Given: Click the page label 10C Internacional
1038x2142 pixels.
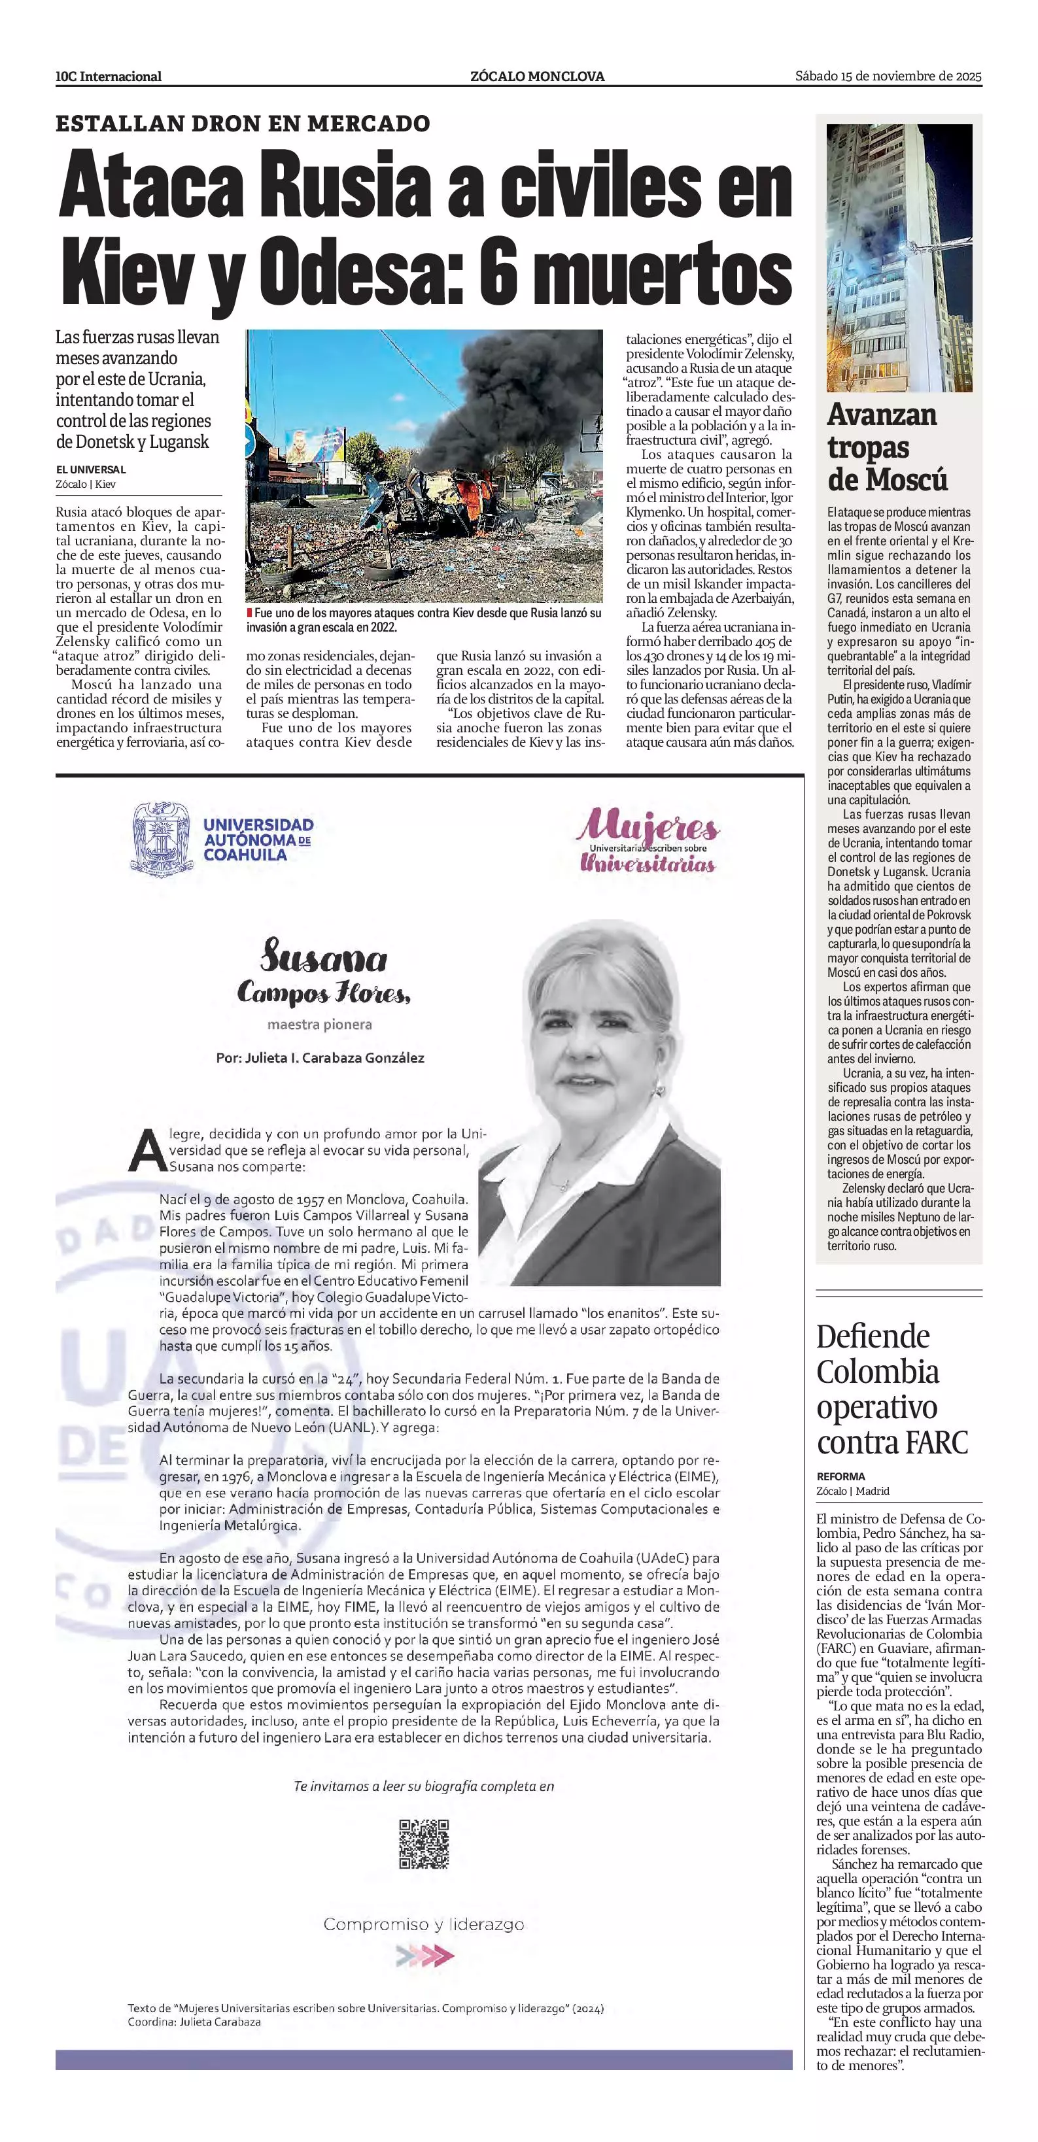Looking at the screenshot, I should [x=108, y=76].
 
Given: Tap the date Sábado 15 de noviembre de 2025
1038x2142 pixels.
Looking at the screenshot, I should [x=888, y=76].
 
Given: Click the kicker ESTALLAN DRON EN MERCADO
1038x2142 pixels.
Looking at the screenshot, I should [x=243, y=124].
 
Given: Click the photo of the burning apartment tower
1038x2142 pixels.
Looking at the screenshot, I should [x=899, y=258].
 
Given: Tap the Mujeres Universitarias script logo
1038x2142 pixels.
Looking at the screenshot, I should [x=649, y=841].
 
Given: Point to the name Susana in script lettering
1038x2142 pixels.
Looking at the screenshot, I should [x=324, y=959].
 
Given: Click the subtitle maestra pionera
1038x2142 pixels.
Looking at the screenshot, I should [x=319, y=1025].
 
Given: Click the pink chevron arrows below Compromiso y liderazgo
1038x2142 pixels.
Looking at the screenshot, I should [x=425, y=1954].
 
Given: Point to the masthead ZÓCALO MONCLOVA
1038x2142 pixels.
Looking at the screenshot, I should [x=537, y=76].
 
